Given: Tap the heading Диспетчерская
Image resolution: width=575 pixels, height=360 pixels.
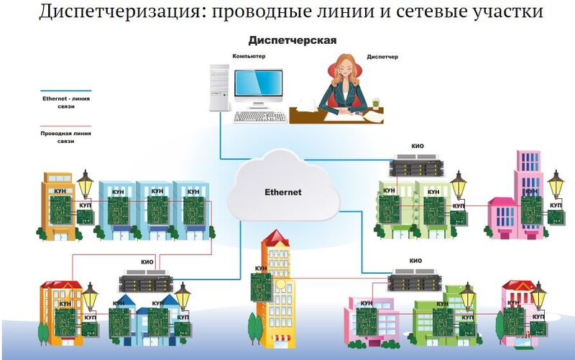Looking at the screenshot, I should tap(293, 40).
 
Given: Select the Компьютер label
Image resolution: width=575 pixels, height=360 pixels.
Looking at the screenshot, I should tap(249, 55).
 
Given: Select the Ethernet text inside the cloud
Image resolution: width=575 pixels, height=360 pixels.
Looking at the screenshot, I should tap(283, 193).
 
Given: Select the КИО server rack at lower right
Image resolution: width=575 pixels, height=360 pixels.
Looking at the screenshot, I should tap(415, 280).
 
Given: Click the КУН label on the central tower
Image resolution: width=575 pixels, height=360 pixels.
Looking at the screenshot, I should tap(261, 267).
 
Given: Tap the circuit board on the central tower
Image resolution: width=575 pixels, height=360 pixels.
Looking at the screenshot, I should tap(261, 286).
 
